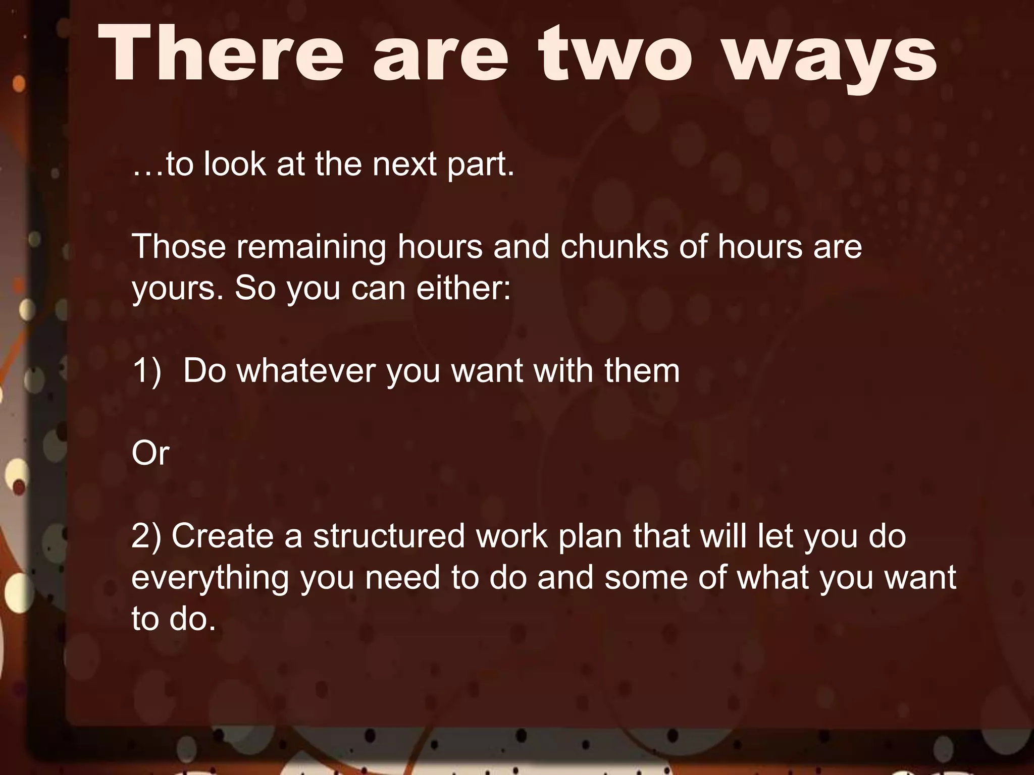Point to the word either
coord(463,288)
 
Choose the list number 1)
coord(146,371)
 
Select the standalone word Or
coord(150,453)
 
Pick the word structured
coord(389,536)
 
